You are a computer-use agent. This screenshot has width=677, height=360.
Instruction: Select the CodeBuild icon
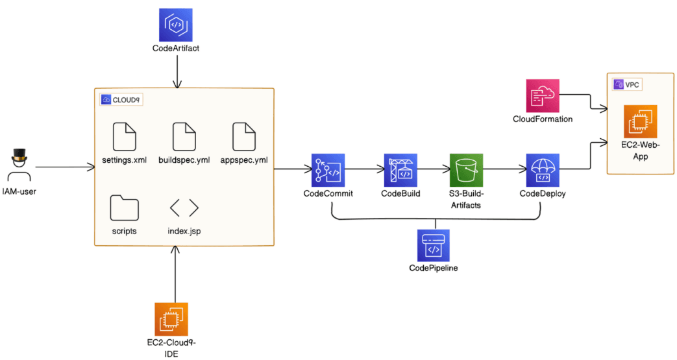[400, 170]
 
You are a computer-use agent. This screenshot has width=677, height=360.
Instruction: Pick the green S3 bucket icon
[467, 170]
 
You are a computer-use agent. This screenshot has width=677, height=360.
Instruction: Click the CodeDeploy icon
[542, 170]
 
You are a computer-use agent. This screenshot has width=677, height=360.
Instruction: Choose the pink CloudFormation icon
[541, 96]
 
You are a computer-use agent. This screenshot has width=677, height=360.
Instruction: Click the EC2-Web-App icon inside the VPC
[641, 121]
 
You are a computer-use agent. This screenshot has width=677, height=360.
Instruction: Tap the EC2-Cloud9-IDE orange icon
[171, 319]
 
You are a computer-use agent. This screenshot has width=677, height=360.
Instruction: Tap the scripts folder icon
[124, 208]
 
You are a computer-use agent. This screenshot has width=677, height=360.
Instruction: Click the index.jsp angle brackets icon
[184, 208]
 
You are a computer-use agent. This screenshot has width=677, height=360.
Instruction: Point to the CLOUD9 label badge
[122, 100]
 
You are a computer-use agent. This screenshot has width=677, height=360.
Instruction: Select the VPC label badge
[627, 84]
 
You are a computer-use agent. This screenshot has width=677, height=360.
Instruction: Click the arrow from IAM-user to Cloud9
[65, 168]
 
